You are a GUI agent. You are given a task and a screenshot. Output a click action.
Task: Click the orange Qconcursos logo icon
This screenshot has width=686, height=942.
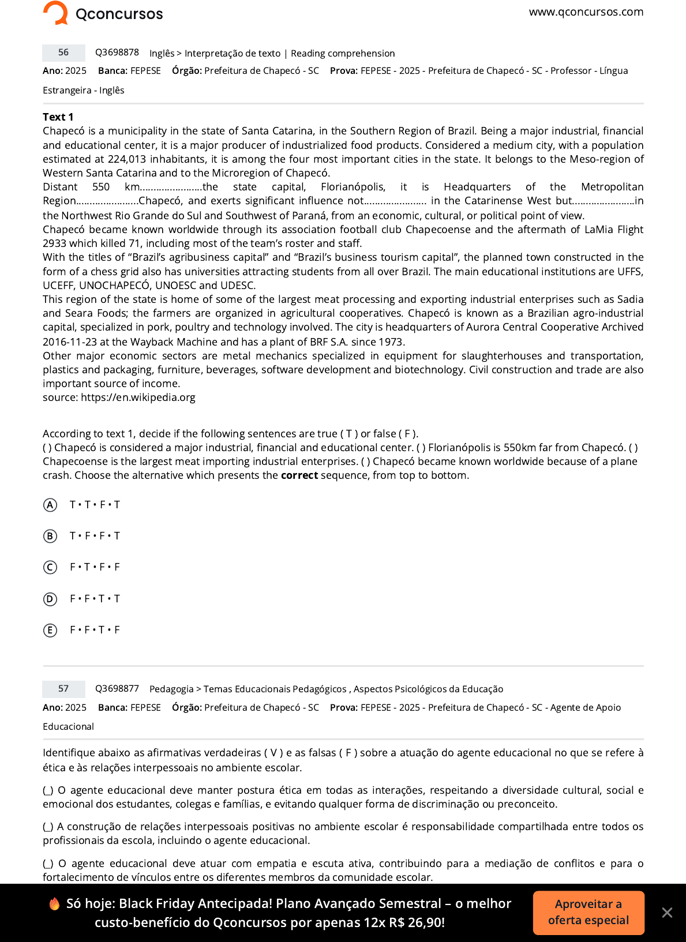point(56,13)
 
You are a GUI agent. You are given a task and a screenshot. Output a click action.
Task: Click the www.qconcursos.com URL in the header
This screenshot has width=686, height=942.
point(586,12)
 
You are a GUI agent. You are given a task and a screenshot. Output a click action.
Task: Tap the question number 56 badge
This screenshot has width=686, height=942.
point(63,52)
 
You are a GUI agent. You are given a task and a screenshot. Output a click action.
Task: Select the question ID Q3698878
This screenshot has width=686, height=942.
point(117,52)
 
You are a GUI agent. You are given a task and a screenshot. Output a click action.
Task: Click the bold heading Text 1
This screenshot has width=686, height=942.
point(58,117)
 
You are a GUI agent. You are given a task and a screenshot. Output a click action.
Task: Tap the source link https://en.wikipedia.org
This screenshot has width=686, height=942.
point(138,397)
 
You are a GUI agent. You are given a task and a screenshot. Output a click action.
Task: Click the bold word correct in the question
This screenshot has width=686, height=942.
point(299,475)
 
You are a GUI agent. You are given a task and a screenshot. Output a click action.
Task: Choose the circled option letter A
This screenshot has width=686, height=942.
point(50,505)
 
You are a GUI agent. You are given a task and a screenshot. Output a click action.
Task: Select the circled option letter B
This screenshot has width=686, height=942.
point(50,536)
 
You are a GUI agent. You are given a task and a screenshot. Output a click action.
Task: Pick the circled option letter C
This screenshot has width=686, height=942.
point(50,568)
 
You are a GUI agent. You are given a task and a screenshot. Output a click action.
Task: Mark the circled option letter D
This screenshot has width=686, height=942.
point(50,599)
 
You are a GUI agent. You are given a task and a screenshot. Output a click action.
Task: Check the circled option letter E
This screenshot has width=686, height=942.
point(50,630)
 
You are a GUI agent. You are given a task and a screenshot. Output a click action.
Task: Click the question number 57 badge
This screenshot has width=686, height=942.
point(63,689)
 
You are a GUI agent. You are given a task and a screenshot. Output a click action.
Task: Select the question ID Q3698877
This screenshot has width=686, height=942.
point(117,689)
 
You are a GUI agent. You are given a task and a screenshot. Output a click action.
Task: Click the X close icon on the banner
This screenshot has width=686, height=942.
point(667,913)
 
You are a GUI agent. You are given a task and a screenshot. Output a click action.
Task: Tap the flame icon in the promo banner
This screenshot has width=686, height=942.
point(55,904)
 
